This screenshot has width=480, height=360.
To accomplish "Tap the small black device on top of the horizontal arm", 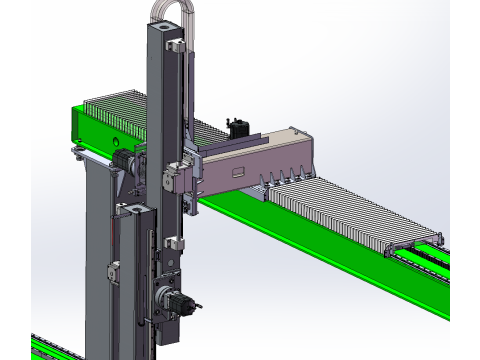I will coord(238,128).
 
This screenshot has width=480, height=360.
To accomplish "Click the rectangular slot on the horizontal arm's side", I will coord(239,173).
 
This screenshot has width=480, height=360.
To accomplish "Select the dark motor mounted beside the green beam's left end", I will coord(122,165).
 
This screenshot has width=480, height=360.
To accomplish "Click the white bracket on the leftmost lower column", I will coord(114,270).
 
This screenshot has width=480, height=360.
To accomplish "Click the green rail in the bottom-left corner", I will coord(60,346).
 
